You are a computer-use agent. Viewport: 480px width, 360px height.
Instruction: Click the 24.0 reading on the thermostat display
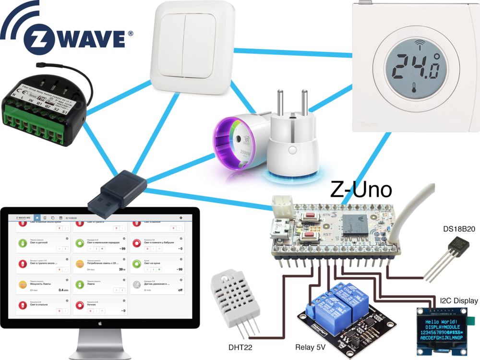[x=415, y=68]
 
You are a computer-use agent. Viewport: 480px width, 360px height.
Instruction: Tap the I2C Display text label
[x=456, y=301]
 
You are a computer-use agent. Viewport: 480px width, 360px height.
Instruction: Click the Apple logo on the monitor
[x=100, y=323]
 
